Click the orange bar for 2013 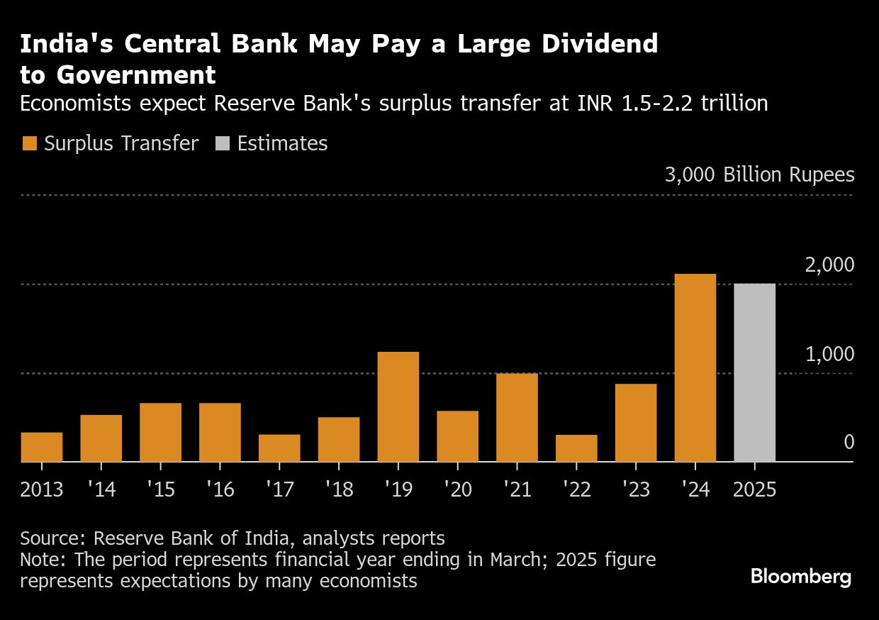pyautogui.click(x=42, y=447)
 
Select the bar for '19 pyautogui.click(x=398, y=406)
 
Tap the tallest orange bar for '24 pyautogui.click(x=695, y=367)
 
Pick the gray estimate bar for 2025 pyautogui.click(x=755, y=372)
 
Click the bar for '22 pyautogui.click(x=576, y=448)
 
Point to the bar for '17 pyautogui.click(x=279, y=448)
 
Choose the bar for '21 pyautogui.click(x=517, y=417)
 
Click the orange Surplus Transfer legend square pyautogui.click(x=29, y=144)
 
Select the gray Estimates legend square pyautogui.click(x=222, y=144)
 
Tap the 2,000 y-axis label pyautogui.click(x=829, y=265)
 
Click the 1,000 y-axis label pyautogui.click(x=829, y=354)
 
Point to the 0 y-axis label pyautogui.click(x=849, y=443)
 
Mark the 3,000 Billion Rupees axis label pyautogui.click(x=759, y=175)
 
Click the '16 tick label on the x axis pyautogui.click(x=220, y=489)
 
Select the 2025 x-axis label pyautogui.click(x=755, y=489)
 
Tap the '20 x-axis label pyautogui.click(x=457, y=489)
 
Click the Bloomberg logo pyautogui.click(x=801, y=577)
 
